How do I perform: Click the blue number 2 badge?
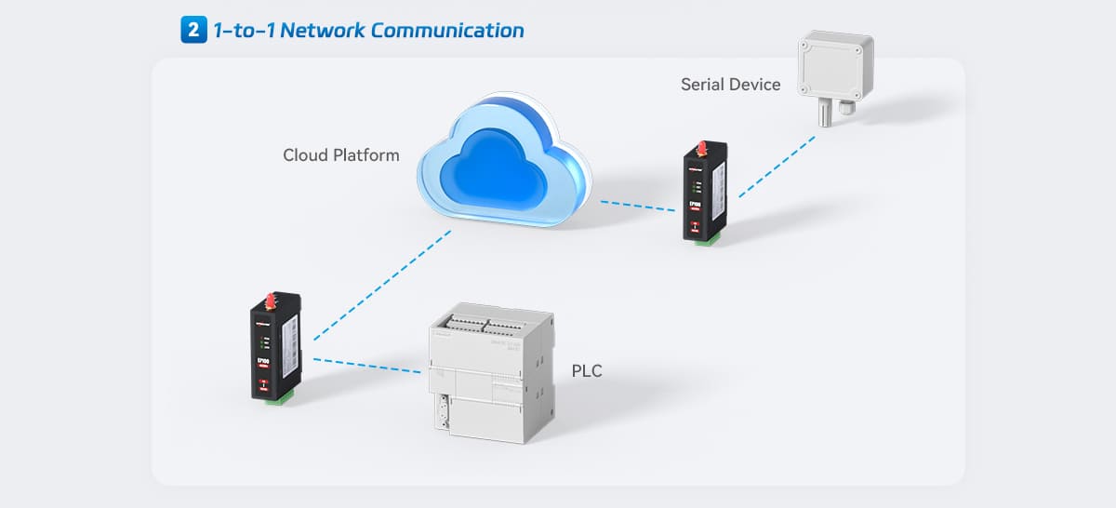coord(193,30)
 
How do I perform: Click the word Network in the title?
coord(322,30)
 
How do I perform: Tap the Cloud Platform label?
coord(341,154)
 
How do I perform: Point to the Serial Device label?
coord(730,85)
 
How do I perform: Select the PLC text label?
coord(587,371)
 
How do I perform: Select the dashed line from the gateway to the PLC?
coord(367,366)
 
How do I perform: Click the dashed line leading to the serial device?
coord(777,166)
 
